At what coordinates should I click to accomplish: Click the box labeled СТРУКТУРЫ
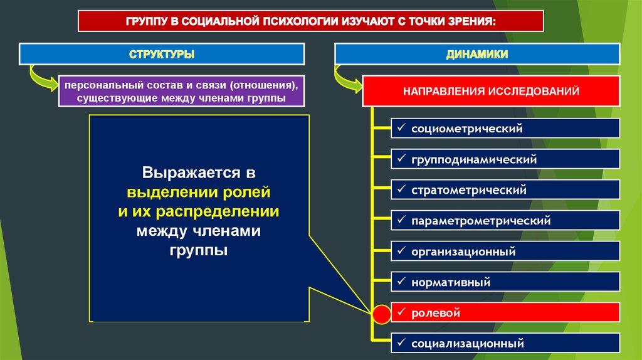(162, 55)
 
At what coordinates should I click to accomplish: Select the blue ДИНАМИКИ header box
(477, 55)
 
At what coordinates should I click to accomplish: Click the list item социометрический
(505, 129)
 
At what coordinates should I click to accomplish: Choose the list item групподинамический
(505, 159)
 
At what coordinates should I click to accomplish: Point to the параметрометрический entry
(505, 221)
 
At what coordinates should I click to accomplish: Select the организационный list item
(505, 251)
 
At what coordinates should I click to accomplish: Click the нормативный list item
(505, 282)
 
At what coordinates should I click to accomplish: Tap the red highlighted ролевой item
(505, 313)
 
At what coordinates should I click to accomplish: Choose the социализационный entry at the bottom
(505, 344)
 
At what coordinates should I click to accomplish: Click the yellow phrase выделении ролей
(199, 191)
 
